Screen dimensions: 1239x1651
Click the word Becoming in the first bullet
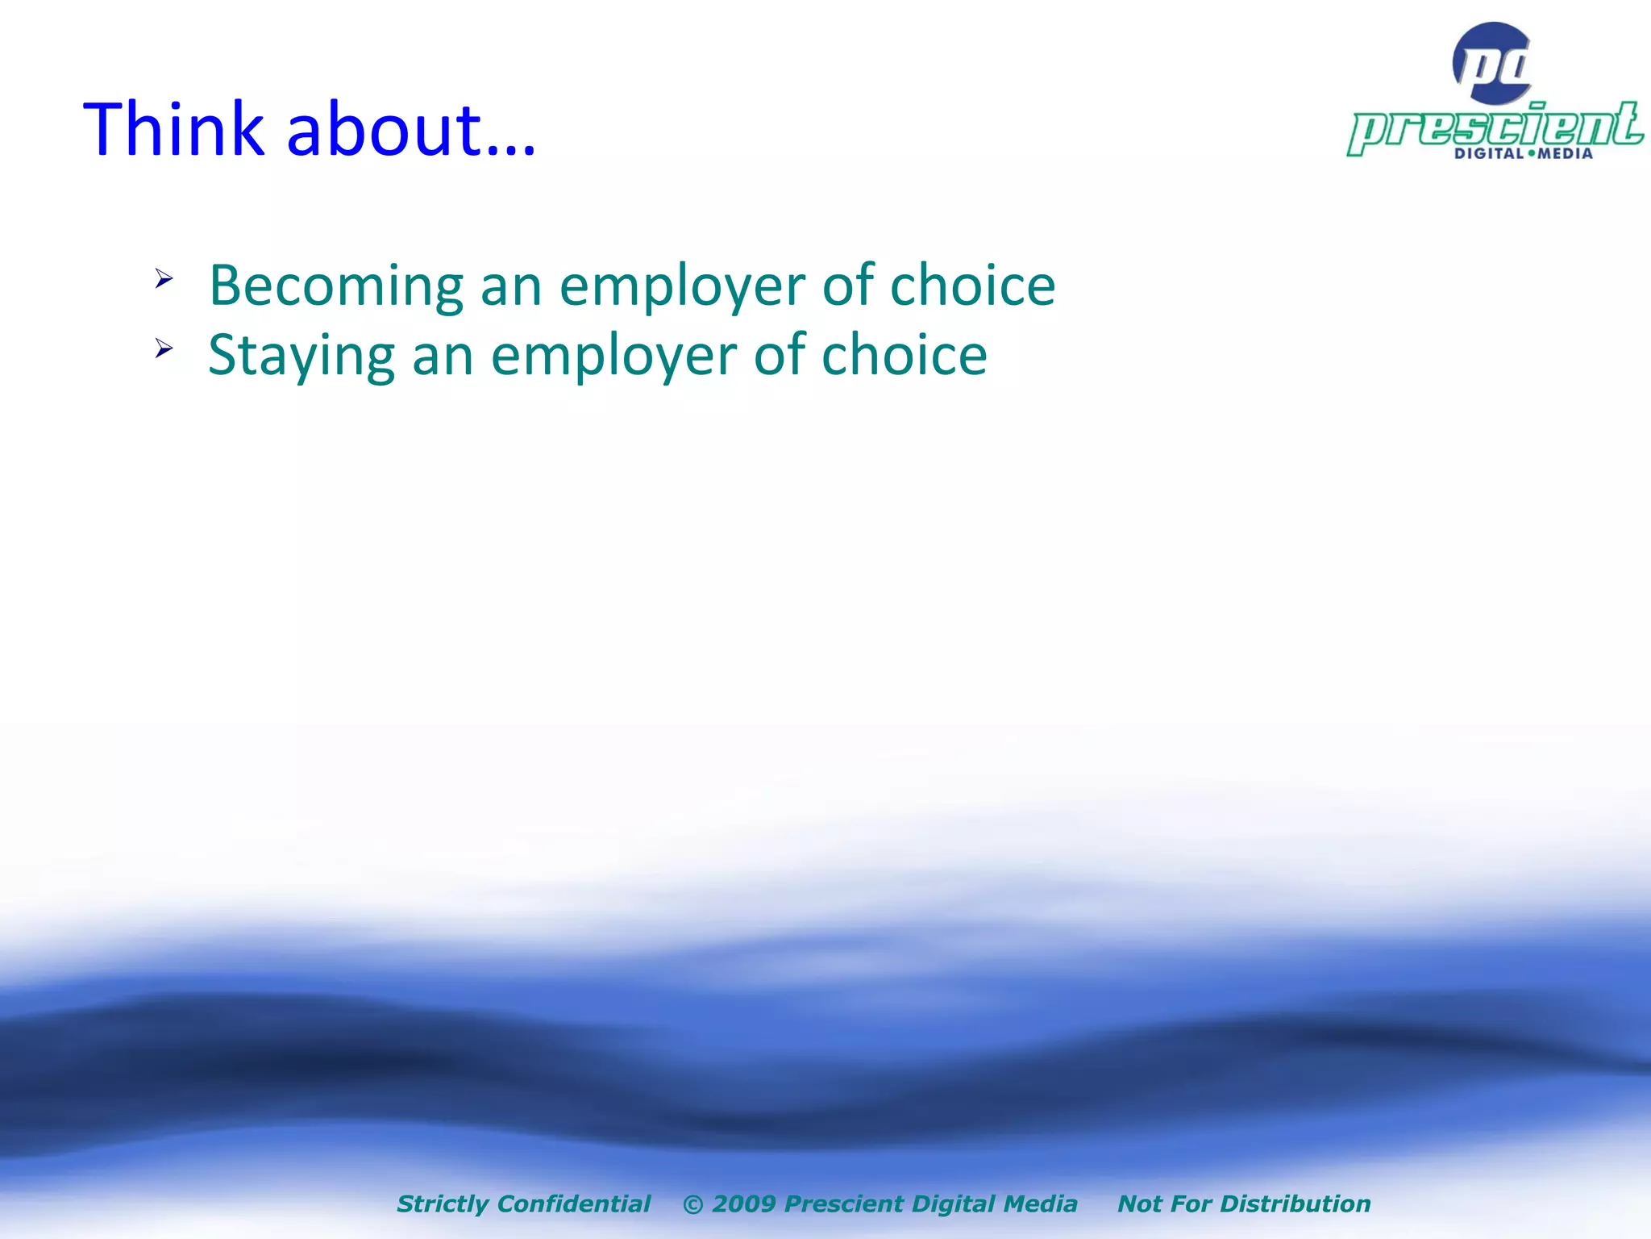(336, 286)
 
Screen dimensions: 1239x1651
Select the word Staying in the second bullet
(302, 356)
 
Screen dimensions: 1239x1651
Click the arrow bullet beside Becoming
(164, 279)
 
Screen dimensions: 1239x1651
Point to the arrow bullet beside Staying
(164, 348)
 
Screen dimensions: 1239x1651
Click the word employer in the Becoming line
(682, 286)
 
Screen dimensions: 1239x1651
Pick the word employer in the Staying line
(613, 356)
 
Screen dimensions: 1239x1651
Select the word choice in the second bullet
(904, 354)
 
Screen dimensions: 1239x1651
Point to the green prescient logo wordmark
(1495, 127)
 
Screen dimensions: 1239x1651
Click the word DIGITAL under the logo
(1488, 153)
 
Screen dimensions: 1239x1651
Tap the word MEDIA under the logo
(1565, 153)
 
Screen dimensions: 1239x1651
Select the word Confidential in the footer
(574, 1204)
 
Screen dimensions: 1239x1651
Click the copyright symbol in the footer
(692, 1204)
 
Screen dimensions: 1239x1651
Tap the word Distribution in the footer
(1295, 1204)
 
